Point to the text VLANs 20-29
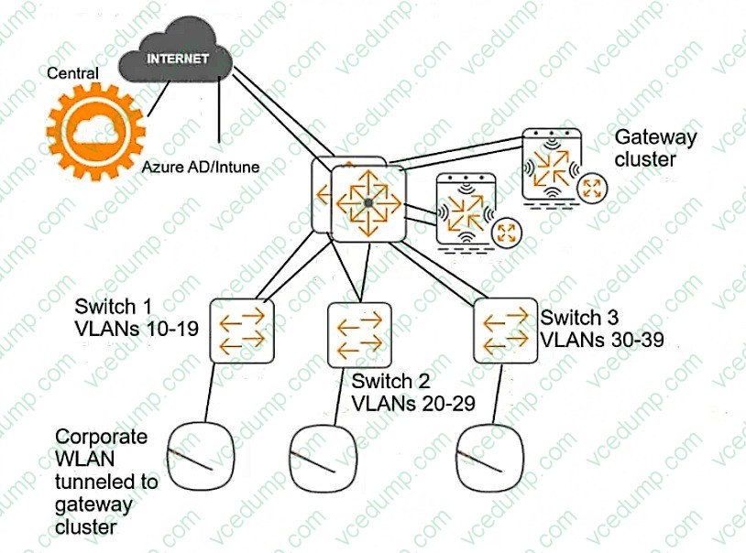tap(413, 402)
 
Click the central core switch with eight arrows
tap(367, 202)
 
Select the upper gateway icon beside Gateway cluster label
tap(553, 165)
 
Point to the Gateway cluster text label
tap(655, 148)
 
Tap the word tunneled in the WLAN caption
tap(106, 483)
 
